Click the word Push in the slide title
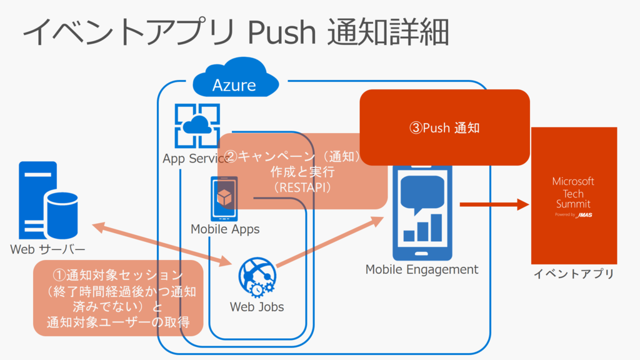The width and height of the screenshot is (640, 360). pos(282,32)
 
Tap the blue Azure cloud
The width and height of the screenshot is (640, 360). pos(236,77)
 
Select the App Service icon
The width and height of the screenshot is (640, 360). pos(197,126)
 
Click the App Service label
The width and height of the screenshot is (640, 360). pos(196,158)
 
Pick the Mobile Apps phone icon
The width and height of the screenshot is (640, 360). pos(224,199)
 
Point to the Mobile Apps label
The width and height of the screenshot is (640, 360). pos(225,229)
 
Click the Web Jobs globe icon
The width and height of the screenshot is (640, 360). pos(257,277)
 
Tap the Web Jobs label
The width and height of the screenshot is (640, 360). pos(257,306)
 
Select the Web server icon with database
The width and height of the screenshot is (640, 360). pos(48,201)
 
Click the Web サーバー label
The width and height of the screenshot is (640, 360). pos(47,249)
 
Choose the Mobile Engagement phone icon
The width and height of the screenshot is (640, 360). pos(422,212)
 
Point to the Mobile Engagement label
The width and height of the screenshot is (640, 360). pos(422,269)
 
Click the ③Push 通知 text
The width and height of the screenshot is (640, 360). pos(444,127)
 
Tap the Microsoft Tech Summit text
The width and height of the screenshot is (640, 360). pos(573,192)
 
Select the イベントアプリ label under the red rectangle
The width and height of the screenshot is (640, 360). pos(574,274)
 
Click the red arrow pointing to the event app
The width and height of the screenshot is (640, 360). pos(494,204)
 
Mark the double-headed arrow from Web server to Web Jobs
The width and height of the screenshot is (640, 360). pos(162,244)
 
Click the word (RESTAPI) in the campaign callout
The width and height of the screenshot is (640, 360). pos(302,187)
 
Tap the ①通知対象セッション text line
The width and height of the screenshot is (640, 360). pos(118,275)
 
